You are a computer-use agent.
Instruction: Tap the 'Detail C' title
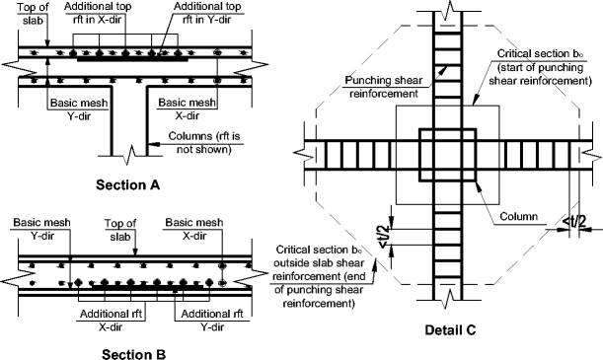click(x=444, y=330)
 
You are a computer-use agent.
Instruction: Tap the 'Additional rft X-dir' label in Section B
click(x=102, y=318)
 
